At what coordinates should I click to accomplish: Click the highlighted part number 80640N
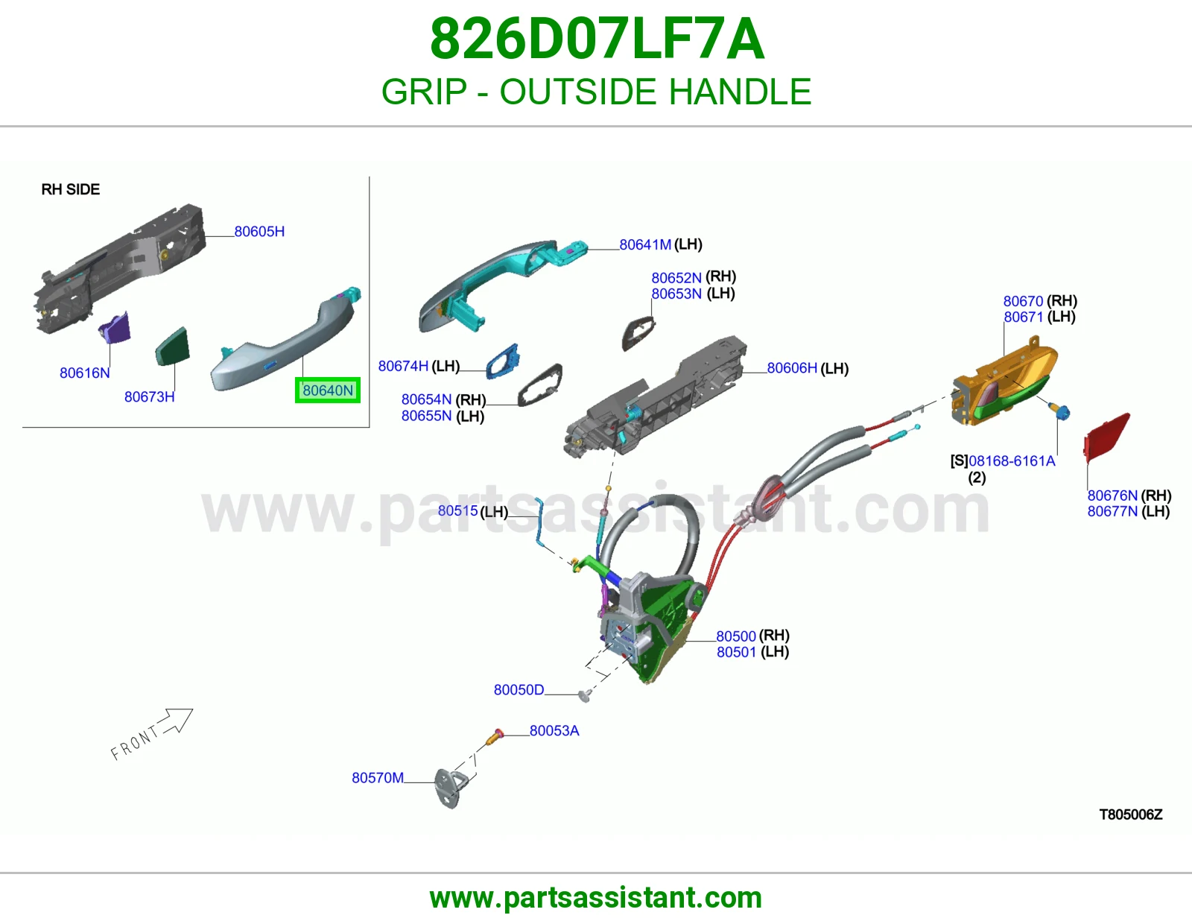click(328, 390)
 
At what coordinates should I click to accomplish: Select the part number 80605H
click(259, 232)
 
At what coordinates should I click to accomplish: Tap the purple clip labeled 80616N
click(115, 327)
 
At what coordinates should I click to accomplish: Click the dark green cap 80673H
click(173, 346)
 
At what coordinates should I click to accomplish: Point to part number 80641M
click(645, 244)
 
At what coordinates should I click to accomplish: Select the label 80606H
click(792, 367)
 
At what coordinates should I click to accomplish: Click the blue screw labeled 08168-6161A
click(1059, 411)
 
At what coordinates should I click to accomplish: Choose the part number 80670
click(1023, 301)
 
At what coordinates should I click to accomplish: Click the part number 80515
click(458, 511)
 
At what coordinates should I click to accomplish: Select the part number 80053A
click(554, 731)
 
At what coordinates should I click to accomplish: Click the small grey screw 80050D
click(586, 696)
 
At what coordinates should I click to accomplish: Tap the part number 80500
click(736, 636)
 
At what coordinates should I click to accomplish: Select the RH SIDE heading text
click(71, 189)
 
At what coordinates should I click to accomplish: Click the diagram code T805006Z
click(1131, 814)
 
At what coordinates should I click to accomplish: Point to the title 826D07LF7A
click(596, 39)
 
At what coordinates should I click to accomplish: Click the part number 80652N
click(676, 278)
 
